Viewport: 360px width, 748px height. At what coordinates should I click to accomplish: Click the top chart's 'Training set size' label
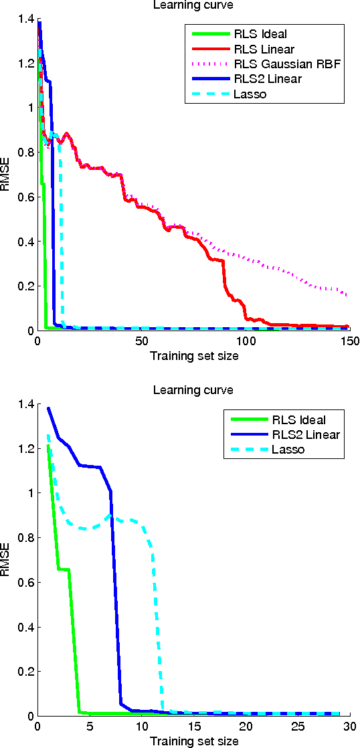193,355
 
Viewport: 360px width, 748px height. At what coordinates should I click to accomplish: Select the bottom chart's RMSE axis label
7,560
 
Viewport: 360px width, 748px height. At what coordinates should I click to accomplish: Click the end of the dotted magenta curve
347,295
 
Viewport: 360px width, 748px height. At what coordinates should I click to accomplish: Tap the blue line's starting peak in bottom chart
48,408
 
